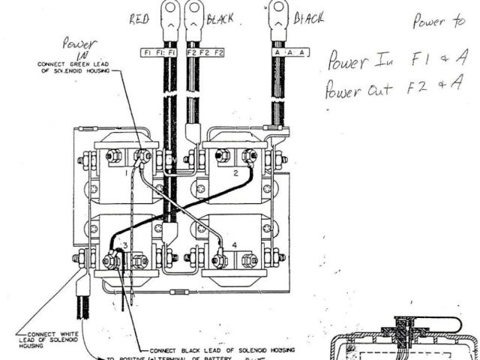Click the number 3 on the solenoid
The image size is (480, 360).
(x=125, y=246)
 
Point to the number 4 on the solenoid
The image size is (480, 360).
(x=235, y=244)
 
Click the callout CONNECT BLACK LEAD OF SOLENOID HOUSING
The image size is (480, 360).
(x=222, y=349)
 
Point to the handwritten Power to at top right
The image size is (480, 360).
(x=438, y=22)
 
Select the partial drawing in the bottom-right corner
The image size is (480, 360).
(x=405, y=333)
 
